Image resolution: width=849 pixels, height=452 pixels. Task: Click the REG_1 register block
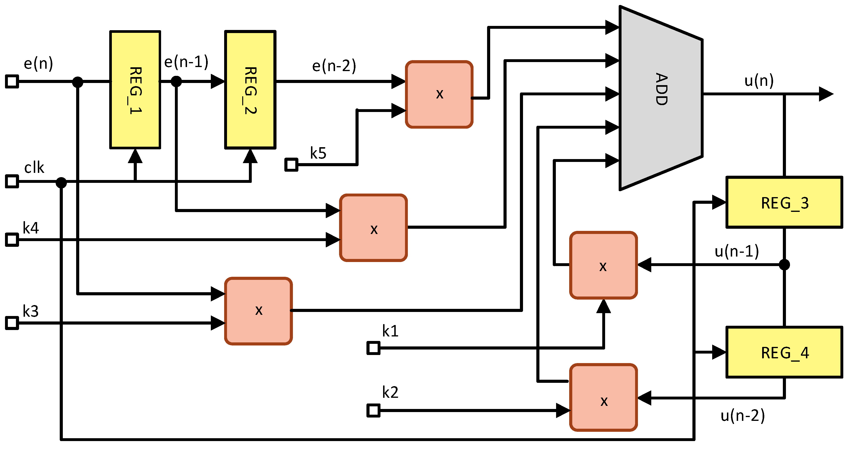pos(135,90)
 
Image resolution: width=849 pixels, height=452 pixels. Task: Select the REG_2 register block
pos(250,90)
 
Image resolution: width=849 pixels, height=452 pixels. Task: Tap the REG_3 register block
pos(785,202)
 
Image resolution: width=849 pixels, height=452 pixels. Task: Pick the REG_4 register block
pos(785,352)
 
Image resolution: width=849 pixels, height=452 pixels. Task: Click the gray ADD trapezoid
pos(661,98)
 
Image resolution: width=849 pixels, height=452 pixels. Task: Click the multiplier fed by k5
pos(439,94)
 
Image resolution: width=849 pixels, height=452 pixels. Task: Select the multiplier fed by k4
pos(373,228)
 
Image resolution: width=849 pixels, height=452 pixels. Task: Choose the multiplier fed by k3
pos(258,311)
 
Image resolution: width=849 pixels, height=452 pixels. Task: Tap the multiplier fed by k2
pos(603,397)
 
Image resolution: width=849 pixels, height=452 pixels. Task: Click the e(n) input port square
pos(12,81)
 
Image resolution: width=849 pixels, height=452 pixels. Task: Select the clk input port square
pos(12,181)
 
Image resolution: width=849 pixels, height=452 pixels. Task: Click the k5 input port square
pos(291,164)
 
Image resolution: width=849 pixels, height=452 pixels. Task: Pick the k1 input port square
pos(373,348)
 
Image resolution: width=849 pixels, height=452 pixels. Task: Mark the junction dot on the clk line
pos(61,182)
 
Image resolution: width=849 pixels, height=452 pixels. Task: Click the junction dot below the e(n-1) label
pos(176,81)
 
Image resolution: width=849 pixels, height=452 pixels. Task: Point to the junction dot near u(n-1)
pos(785,265)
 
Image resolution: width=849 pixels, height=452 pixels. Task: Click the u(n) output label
pos(759,81)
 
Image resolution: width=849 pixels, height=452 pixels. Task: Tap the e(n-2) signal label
pos(334,66)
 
